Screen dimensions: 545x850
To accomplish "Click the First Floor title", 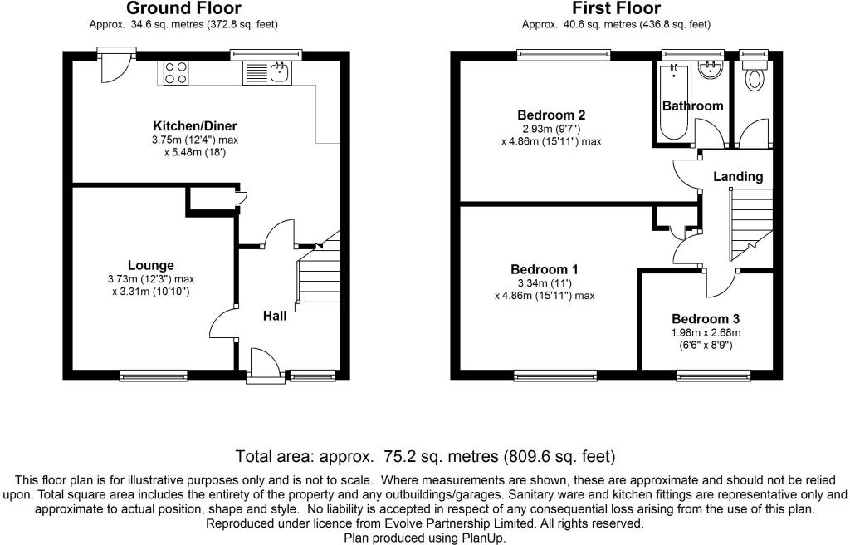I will point(617,9).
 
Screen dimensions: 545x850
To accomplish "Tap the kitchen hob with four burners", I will point(176,73).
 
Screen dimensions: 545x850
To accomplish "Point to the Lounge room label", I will point(150,265).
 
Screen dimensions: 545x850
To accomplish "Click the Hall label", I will point(275,316).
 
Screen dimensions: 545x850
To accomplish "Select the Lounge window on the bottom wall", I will point(154,376).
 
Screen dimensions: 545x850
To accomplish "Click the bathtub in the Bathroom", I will point(672,101).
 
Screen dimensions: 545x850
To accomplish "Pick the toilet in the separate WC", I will point(755,79).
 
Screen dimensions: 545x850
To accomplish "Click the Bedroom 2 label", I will point(551,115).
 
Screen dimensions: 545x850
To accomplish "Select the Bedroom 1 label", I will point(545,269).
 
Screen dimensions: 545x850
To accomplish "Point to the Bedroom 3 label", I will point(706,319).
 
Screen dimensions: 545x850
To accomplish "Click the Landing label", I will point(738,176).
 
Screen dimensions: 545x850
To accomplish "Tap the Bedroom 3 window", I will point(713,376).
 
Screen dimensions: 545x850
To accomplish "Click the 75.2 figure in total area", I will point(400,456).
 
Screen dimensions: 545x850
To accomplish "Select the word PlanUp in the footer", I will point(482,538).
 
